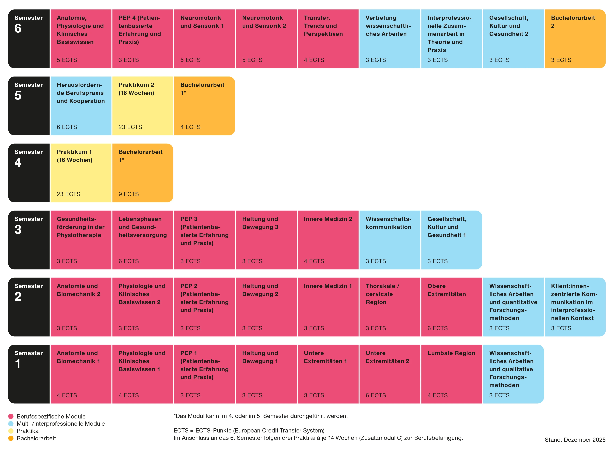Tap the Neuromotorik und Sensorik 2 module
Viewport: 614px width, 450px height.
[x=266, y=39]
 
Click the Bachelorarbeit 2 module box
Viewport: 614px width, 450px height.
[x=575, y=39]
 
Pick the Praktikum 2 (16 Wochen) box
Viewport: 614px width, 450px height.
[x=142, y=106]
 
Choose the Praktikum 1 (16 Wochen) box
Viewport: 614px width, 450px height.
[x=81, y=173]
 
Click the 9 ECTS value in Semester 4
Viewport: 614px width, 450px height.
[x=128, y=194]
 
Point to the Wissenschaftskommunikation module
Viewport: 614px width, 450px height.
[x=390, y=240]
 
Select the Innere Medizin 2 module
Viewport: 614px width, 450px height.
[x=328, y=240]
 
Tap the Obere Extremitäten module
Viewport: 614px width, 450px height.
[x=451, y=307]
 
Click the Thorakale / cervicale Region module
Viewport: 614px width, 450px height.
[x=390, y=307]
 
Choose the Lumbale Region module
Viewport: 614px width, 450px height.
[x=451, y=374]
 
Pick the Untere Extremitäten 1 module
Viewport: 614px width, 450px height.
[x=328, y=374]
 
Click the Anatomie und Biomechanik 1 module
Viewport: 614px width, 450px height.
[x=81, y=374]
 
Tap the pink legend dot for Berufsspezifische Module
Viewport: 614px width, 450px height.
[x=11, y=416]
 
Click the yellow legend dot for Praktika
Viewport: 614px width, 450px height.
[x=11, y=431]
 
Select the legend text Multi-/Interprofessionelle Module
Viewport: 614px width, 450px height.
[x=60, y=424]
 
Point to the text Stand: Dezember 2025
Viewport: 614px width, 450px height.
[x=575, y=440]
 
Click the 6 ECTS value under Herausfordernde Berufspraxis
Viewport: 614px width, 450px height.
[x=67, y=127]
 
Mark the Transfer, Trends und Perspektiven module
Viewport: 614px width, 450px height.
[x=328, y=39]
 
